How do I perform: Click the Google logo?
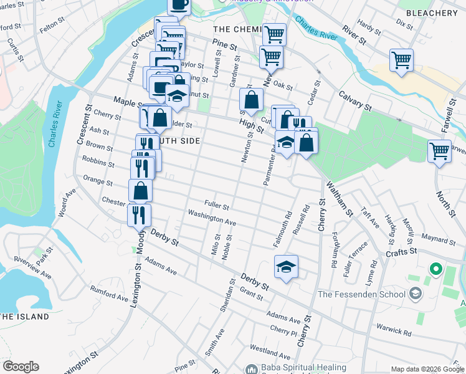tap(21, 367)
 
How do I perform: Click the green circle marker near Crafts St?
tap(435, 271)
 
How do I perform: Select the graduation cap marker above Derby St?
tap(286, 267)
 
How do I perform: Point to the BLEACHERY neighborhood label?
tap(431, 13)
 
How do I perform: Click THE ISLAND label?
tap(24, 317)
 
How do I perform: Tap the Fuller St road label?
tap(217, 206)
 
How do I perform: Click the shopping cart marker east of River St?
tap(401, 60)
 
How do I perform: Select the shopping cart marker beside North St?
tap(439, 151)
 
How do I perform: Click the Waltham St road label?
tap(341, 201)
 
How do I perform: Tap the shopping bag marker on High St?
tap(251, 100)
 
